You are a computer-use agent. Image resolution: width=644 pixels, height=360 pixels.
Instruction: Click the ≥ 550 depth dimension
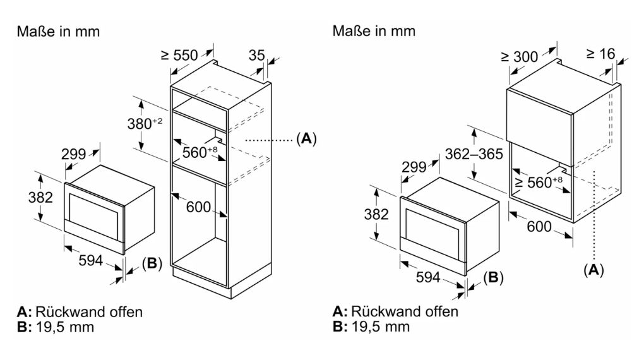click(x=179, y=56)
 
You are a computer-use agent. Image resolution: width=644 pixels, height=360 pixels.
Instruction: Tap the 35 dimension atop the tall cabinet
click(x=256, y=56)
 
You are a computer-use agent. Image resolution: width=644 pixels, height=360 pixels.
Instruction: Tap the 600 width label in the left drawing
click(x=198, y=207)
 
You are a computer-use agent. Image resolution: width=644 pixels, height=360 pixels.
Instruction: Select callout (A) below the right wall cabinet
click(x=593, y=270)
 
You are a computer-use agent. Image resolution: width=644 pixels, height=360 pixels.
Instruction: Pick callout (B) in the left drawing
click(x=152, y=263)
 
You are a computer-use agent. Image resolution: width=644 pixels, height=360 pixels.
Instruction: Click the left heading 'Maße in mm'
click(x=58, y=31)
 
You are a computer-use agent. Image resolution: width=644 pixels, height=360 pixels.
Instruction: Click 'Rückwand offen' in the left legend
click(x=89, y=312)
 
